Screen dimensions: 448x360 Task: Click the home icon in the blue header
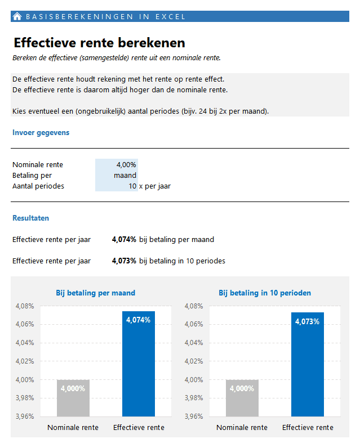pos(17,16)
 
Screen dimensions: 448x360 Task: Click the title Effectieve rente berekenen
pos(99,43)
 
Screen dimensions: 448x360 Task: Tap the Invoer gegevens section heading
pos(41,133)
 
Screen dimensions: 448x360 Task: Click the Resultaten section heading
pos(30,218)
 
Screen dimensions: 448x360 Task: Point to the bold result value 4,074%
pos(124,240)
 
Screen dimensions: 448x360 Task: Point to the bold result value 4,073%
pos(124,261)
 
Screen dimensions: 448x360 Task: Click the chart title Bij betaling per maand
pos(95,293)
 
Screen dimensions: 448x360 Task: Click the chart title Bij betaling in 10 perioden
pos(264,293)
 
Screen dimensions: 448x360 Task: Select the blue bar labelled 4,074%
pos(138,366)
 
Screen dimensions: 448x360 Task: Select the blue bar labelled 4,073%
pos(307,366)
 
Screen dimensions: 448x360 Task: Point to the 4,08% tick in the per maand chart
pos(24,306)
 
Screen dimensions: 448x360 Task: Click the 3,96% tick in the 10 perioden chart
pos(193,416)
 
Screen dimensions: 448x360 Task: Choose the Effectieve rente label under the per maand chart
pos(139,428)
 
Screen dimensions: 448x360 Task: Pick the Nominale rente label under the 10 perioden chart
pos(242,428)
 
